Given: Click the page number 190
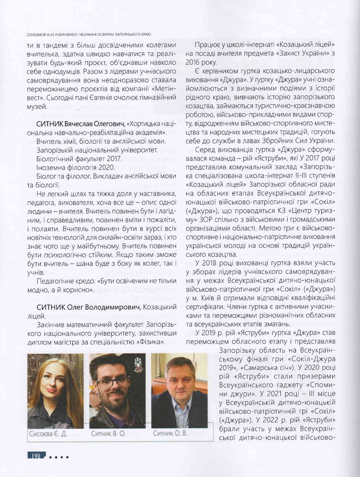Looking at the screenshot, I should (x=36, y=456).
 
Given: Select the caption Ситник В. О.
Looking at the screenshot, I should (x=108, y=434).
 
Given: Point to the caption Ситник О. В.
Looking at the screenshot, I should (x=170, y=433).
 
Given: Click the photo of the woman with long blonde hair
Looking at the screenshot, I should (x=55, y=391).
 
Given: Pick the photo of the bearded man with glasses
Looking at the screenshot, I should (x=117, y=391).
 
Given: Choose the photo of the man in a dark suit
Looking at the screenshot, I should (x=179, y=391).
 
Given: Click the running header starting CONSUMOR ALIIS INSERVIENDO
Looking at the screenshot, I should (x=89, y=34).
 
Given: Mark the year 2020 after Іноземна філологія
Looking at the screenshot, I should (x=108, y=167).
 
